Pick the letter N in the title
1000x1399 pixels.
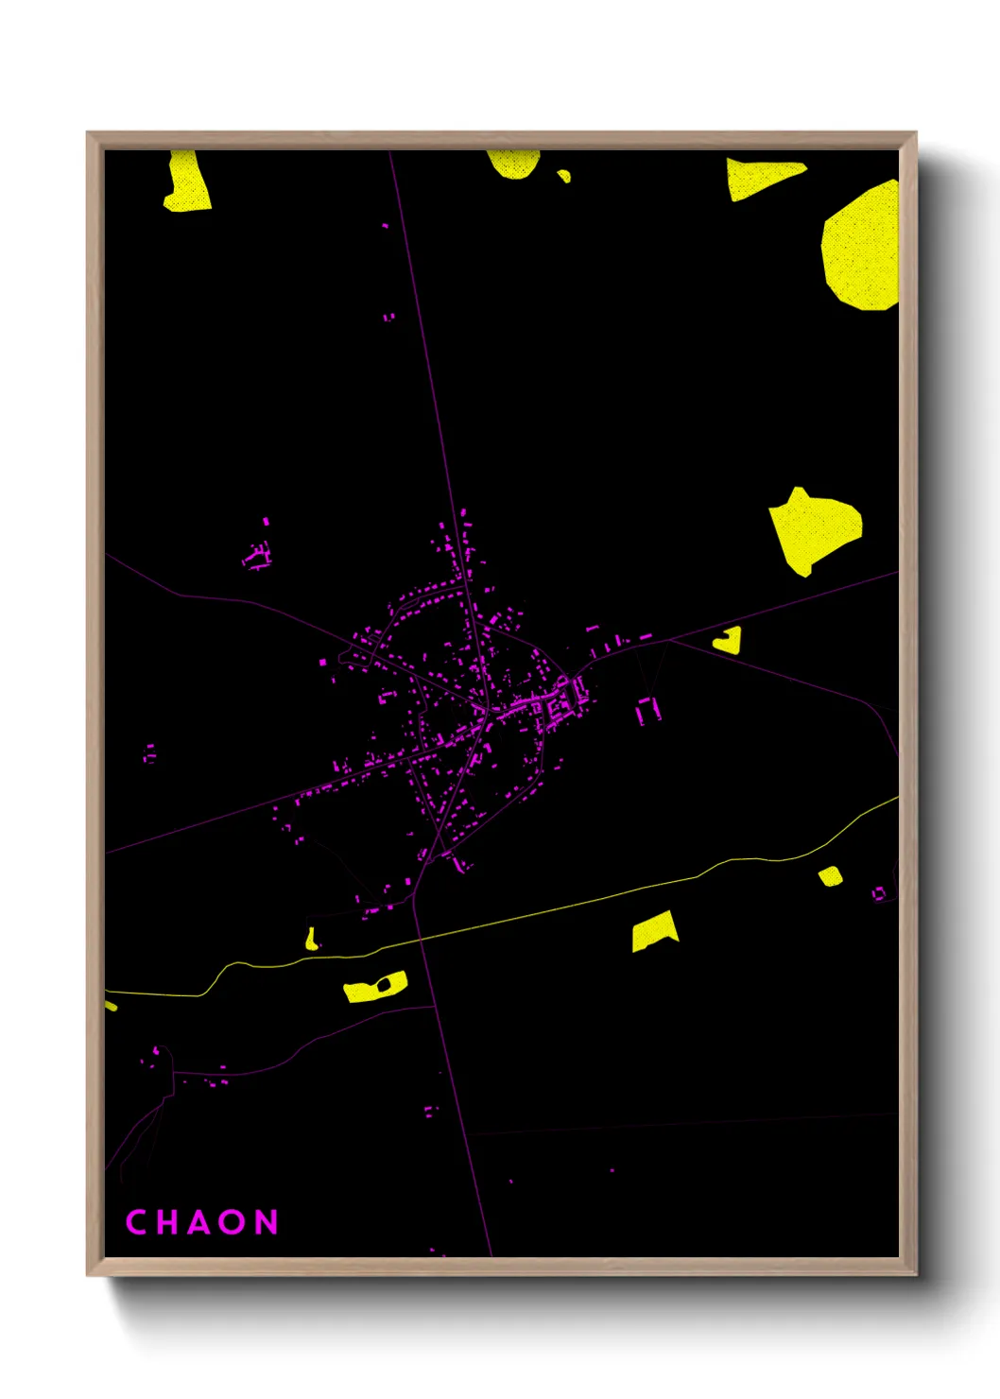click(267, 1222)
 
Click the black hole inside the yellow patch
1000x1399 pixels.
click(383, 986)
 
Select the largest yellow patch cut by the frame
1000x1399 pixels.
click(863, 247)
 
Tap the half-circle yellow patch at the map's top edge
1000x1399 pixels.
click(513, 164)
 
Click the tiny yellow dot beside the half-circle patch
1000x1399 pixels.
click(564, 176)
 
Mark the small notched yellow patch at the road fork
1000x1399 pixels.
click(729, 641)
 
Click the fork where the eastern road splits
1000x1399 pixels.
click(669, 641)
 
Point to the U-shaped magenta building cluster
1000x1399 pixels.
click(647, 710)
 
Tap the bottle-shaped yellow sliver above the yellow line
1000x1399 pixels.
click(311, 939)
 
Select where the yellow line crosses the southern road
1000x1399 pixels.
click(417, 941)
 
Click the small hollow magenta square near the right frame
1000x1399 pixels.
click(879, 892)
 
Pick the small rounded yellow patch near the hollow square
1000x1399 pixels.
click(830, 876)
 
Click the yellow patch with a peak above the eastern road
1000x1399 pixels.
click(812, 529)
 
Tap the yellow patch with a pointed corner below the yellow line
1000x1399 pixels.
click(653, 931)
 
